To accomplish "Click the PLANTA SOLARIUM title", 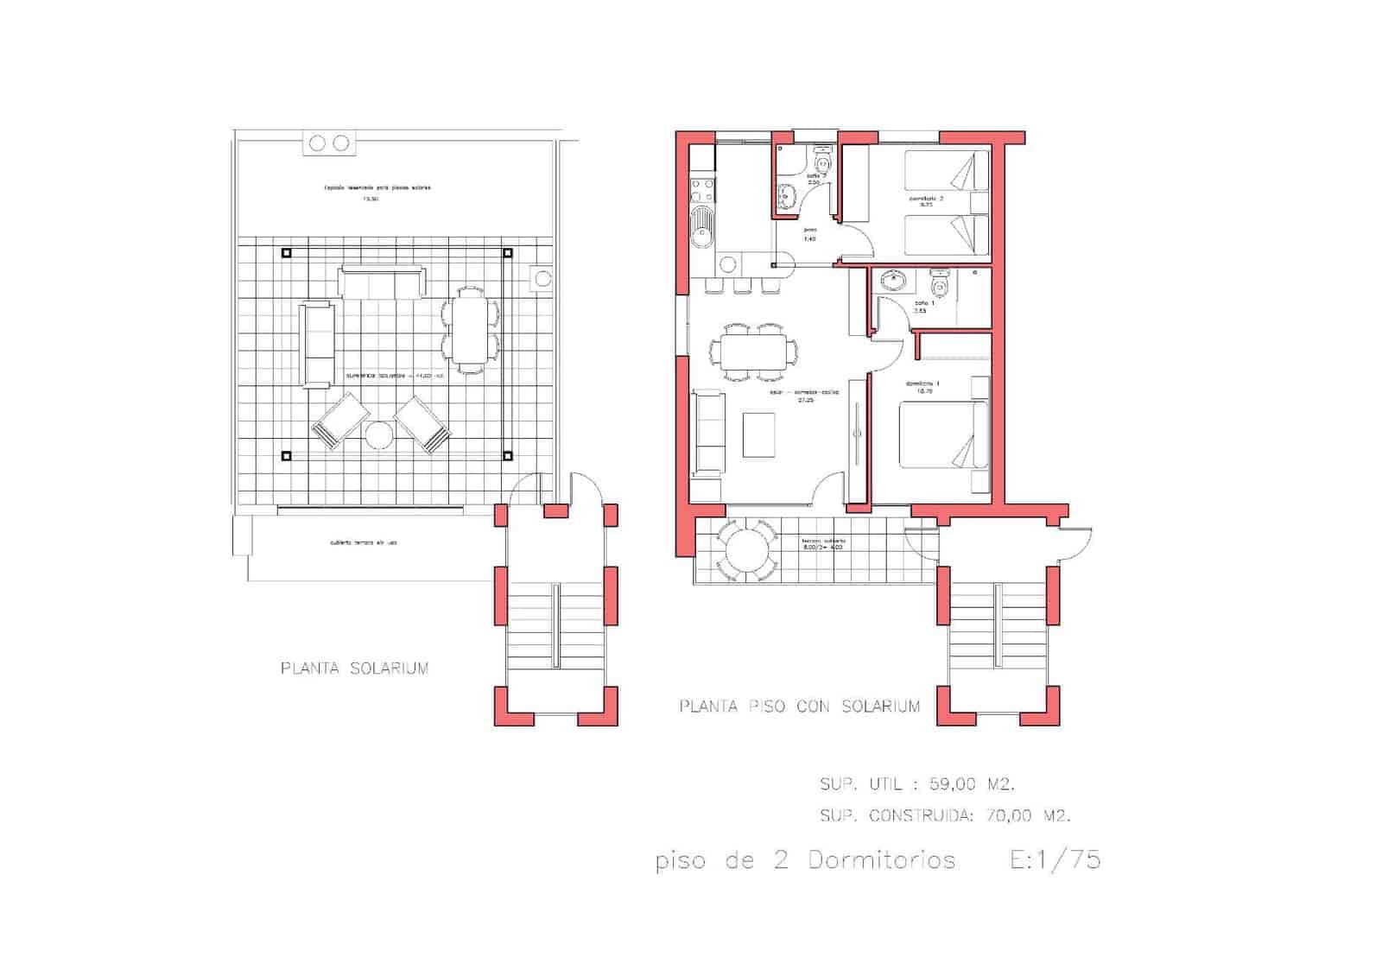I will click(x=354, y=668).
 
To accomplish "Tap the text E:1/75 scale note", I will click(x=1055, y=859).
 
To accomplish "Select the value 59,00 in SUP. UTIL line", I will click(x=953, y=784).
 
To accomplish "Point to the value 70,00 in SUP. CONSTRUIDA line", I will click(x=1008, y=814).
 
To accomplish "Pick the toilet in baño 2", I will click(x=822, y=162).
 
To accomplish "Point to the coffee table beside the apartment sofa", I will click(x=759, y=435).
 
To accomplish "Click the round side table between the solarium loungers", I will click(x=379, y=434).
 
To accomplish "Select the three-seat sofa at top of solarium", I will click(x=383, y=282).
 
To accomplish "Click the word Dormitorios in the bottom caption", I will click(x=882, y=860).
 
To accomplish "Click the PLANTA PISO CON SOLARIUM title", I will click(x=799, y=707).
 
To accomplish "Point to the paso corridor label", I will click(x=809, y=231).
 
